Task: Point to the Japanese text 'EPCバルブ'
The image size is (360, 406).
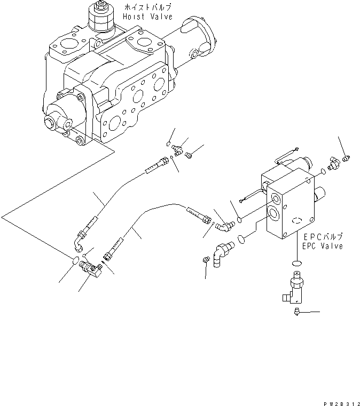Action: point(321,236)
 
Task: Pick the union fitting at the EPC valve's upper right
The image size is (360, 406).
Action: point(333,164)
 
